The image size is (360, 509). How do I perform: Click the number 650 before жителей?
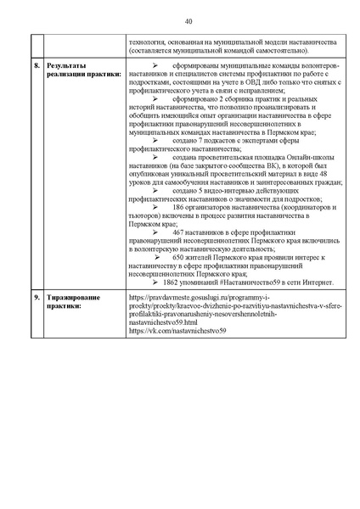click(x=178, y=256)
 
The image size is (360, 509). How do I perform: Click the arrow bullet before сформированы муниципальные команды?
click(x=155, y=64)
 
